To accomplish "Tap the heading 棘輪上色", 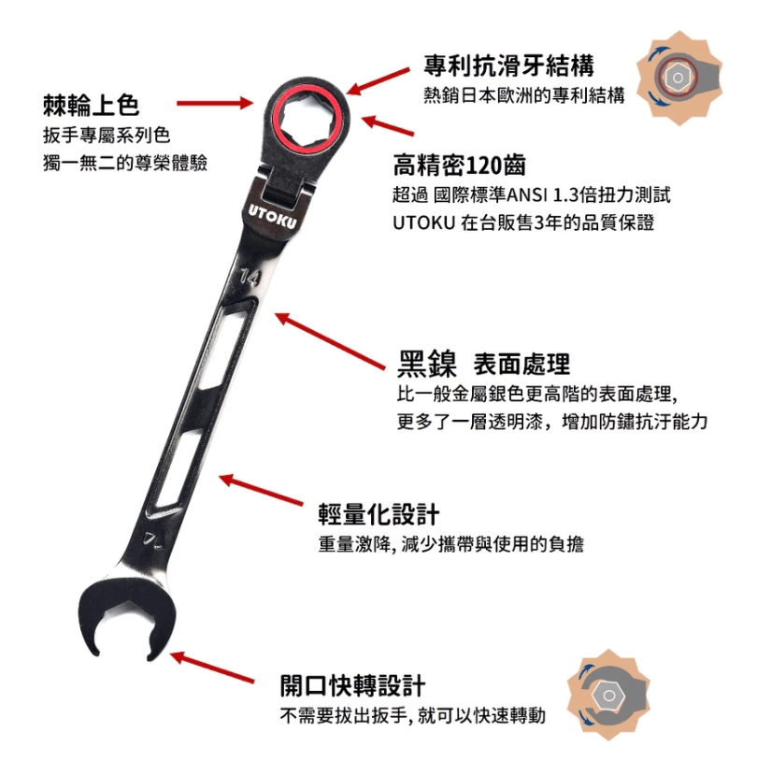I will (91, 103).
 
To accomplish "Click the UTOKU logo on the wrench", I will (273, 214).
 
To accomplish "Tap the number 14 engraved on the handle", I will (249, 277).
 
